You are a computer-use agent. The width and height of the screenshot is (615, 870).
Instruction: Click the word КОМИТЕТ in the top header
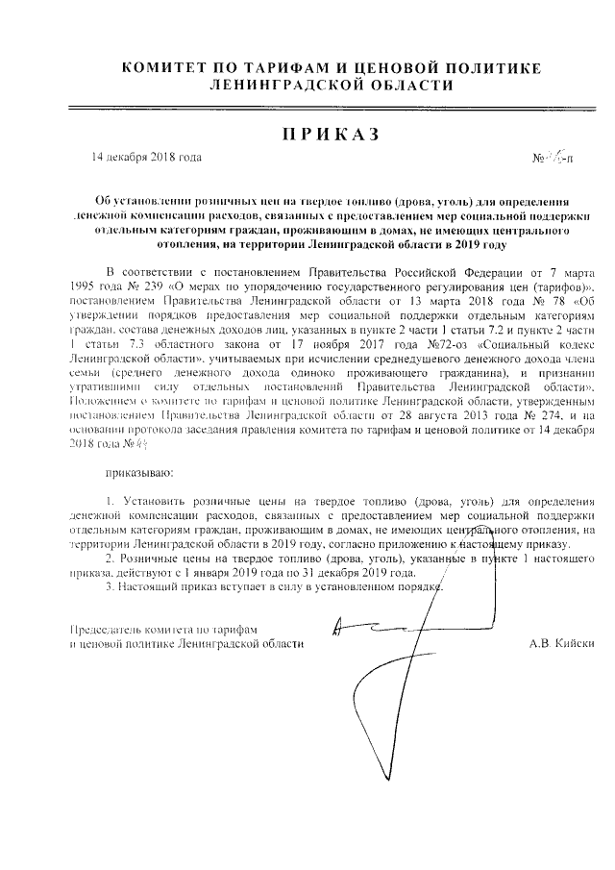click(165, 67)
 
